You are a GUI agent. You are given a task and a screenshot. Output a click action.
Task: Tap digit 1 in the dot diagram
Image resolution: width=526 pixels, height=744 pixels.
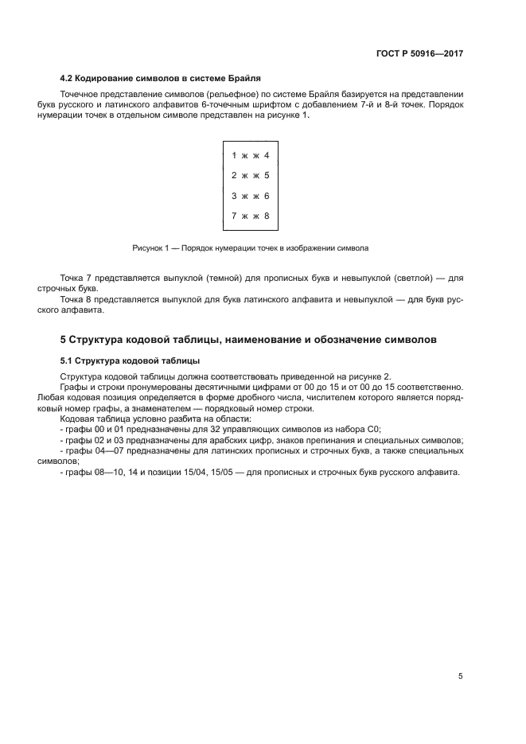[233, 155]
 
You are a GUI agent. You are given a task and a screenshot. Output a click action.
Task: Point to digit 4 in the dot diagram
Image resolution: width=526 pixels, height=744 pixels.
[267, 155]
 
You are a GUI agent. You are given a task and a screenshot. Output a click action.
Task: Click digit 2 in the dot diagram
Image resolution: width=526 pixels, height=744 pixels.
[233, 175]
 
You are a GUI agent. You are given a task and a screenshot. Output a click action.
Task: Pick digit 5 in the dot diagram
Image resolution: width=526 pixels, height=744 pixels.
[267, 175]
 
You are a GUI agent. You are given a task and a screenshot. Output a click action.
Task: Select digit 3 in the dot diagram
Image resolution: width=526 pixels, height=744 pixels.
[233, 195]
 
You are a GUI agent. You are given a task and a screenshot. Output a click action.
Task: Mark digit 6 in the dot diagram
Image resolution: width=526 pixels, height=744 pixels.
[267, 195]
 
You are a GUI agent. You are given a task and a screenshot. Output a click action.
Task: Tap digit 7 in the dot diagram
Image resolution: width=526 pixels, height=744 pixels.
[233, 216]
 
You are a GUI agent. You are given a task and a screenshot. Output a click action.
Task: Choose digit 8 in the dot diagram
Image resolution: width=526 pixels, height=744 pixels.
[267, 216]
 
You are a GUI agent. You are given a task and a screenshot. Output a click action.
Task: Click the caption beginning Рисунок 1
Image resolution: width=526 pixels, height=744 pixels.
[250, 248]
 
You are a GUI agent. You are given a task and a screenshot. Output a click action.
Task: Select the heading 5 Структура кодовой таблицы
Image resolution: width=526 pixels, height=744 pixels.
[248, 339]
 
